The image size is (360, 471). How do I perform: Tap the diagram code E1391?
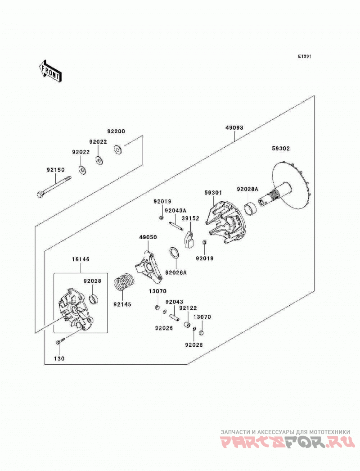coord(305,56)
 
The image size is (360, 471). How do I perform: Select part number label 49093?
coord(234,128)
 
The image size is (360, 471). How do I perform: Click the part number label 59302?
coord(281,149)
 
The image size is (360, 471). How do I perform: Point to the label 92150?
coord(55,170)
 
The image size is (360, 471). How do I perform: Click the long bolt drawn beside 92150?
coord(54,187)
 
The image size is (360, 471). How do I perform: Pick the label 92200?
coord(116,131)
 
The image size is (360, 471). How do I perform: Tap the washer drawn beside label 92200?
coord(118,149)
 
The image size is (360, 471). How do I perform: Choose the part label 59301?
coord(213,193)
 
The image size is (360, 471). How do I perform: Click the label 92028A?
coord(247,189)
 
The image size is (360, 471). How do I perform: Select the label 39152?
coord(190,218)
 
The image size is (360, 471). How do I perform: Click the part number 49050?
coord(148,237)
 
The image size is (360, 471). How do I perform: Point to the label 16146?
coord(81,259)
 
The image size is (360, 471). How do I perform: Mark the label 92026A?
coord(176,272)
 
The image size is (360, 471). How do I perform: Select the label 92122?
coord(188,308)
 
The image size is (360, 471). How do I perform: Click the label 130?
coord(59,359)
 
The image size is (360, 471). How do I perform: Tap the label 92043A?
coord(175,210)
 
